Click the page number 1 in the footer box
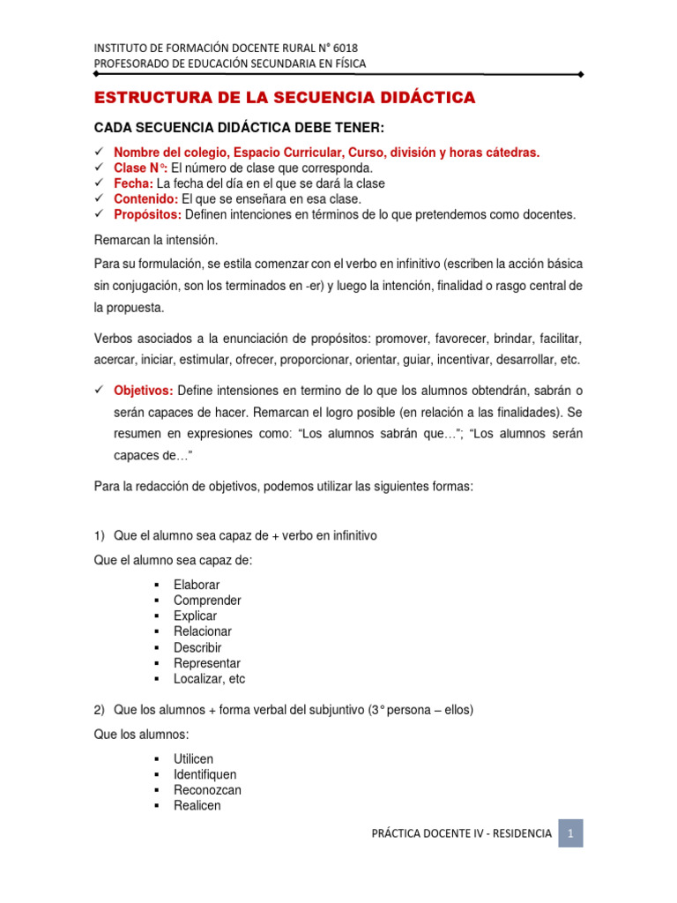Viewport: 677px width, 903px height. tap(570, 832)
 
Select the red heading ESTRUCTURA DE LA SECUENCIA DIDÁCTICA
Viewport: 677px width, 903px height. tap(285, 97)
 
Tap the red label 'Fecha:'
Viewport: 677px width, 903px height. tap(133, 183)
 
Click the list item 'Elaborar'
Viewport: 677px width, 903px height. tap(197, 585)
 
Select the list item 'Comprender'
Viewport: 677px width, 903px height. tap(207, 601)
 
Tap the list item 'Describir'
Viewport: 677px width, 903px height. tap(197, 647)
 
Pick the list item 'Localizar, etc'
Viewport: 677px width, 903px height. tap(209, 679)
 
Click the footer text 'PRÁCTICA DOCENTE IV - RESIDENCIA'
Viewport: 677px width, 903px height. tap(462, 833)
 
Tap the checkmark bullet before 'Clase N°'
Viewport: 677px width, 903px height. tap(99, 168)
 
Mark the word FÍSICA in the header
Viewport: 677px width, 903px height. tap(347, 63)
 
